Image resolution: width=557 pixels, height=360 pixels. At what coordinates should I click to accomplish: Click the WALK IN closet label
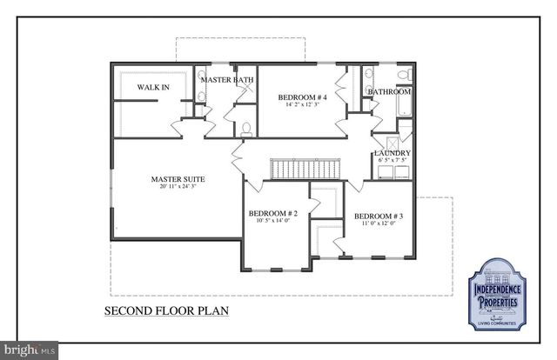point(154,87)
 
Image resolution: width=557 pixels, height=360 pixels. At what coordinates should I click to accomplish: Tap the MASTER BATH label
point(227,80)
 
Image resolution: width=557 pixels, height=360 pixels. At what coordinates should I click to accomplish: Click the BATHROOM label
point(388,91)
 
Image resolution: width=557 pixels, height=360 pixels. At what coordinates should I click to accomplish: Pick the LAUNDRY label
point(392,153)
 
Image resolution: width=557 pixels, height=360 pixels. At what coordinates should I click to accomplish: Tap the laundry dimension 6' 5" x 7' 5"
point(392,161)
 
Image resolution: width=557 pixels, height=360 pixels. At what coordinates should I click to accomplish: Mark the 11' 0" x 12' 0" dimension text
point(378,223)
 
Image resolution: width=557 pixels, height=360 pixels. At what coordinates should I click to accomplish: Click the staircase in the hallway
point(304,168)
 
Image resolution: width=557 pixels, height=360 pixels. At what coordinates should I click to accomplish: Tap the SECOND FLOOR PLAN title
point(166,310)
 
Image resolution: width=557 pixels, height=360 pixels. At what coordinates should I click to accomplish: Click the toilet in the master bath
point(246,130)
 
